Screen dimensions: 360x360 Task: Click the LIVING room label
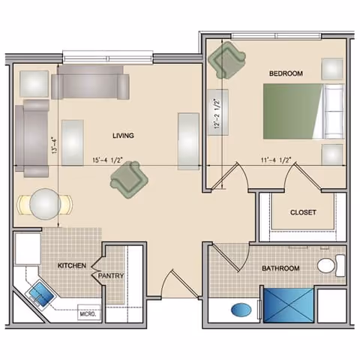(x=123, y=136)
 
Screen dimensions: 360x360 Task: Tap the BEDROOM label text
(x=286, y=73)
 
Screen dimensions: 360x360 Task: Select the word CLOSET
(x=303, y=212)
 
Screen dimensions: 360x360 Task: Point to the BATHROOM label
(x=280, y=268)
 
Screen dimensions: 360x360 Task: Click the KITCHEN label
(x=72, y=265)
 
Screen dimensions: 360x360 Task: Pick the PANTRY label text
(x=111, y=276)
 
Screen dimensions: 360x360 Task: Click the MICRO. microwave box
(x=88, y=313)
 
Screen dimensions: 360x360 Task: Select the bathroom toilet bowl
(x=326, y=265)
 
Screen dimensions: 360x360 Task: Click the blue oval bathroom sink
(x=241, y=310)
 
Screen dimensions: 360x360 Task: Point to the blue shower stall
(x=289, y=305)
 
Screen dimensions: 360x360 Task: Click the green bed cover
(x=292, y=112)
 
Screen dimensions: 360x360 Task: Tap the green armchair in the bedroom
(x=226, y=60)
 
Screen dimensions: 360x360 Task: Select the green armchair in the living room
(x=129, y=180)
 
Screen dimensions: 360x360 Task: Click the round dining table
(x=45, y=204)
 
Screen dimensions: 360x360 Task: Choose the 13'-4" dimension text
(x=55, y=145)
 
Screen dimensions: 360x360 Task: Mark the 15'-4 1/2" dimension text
(x=107, y=160)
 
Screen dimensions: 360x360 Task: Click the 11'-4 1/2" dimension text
(x=276, y=160)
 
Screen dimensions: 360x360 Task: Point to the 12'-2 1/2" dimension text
(x=217, y=114)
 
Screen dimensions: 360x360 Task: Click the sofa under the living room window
(x=90, y=82)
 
